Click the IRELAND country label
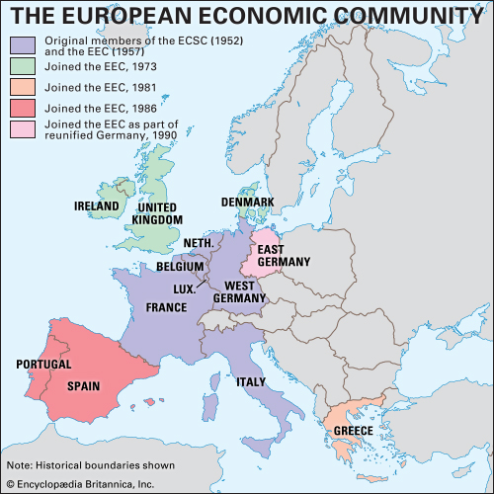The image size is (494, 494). pyautogui.click(x=97, y=206)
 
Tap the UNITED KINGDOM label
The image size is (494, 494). pyautogui.click(x=158, y=213)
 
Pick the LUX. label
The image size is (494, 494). pyautogui.click(x=183, y=290)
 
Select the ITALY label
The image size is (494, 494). pyautogui.click(x=278, y=381)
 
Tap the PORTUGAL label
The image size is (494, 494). pyautogui.click(x=44, y=365)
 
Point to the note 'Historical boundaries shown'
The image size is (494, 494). pyautogui.click(x=91, y=464)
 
